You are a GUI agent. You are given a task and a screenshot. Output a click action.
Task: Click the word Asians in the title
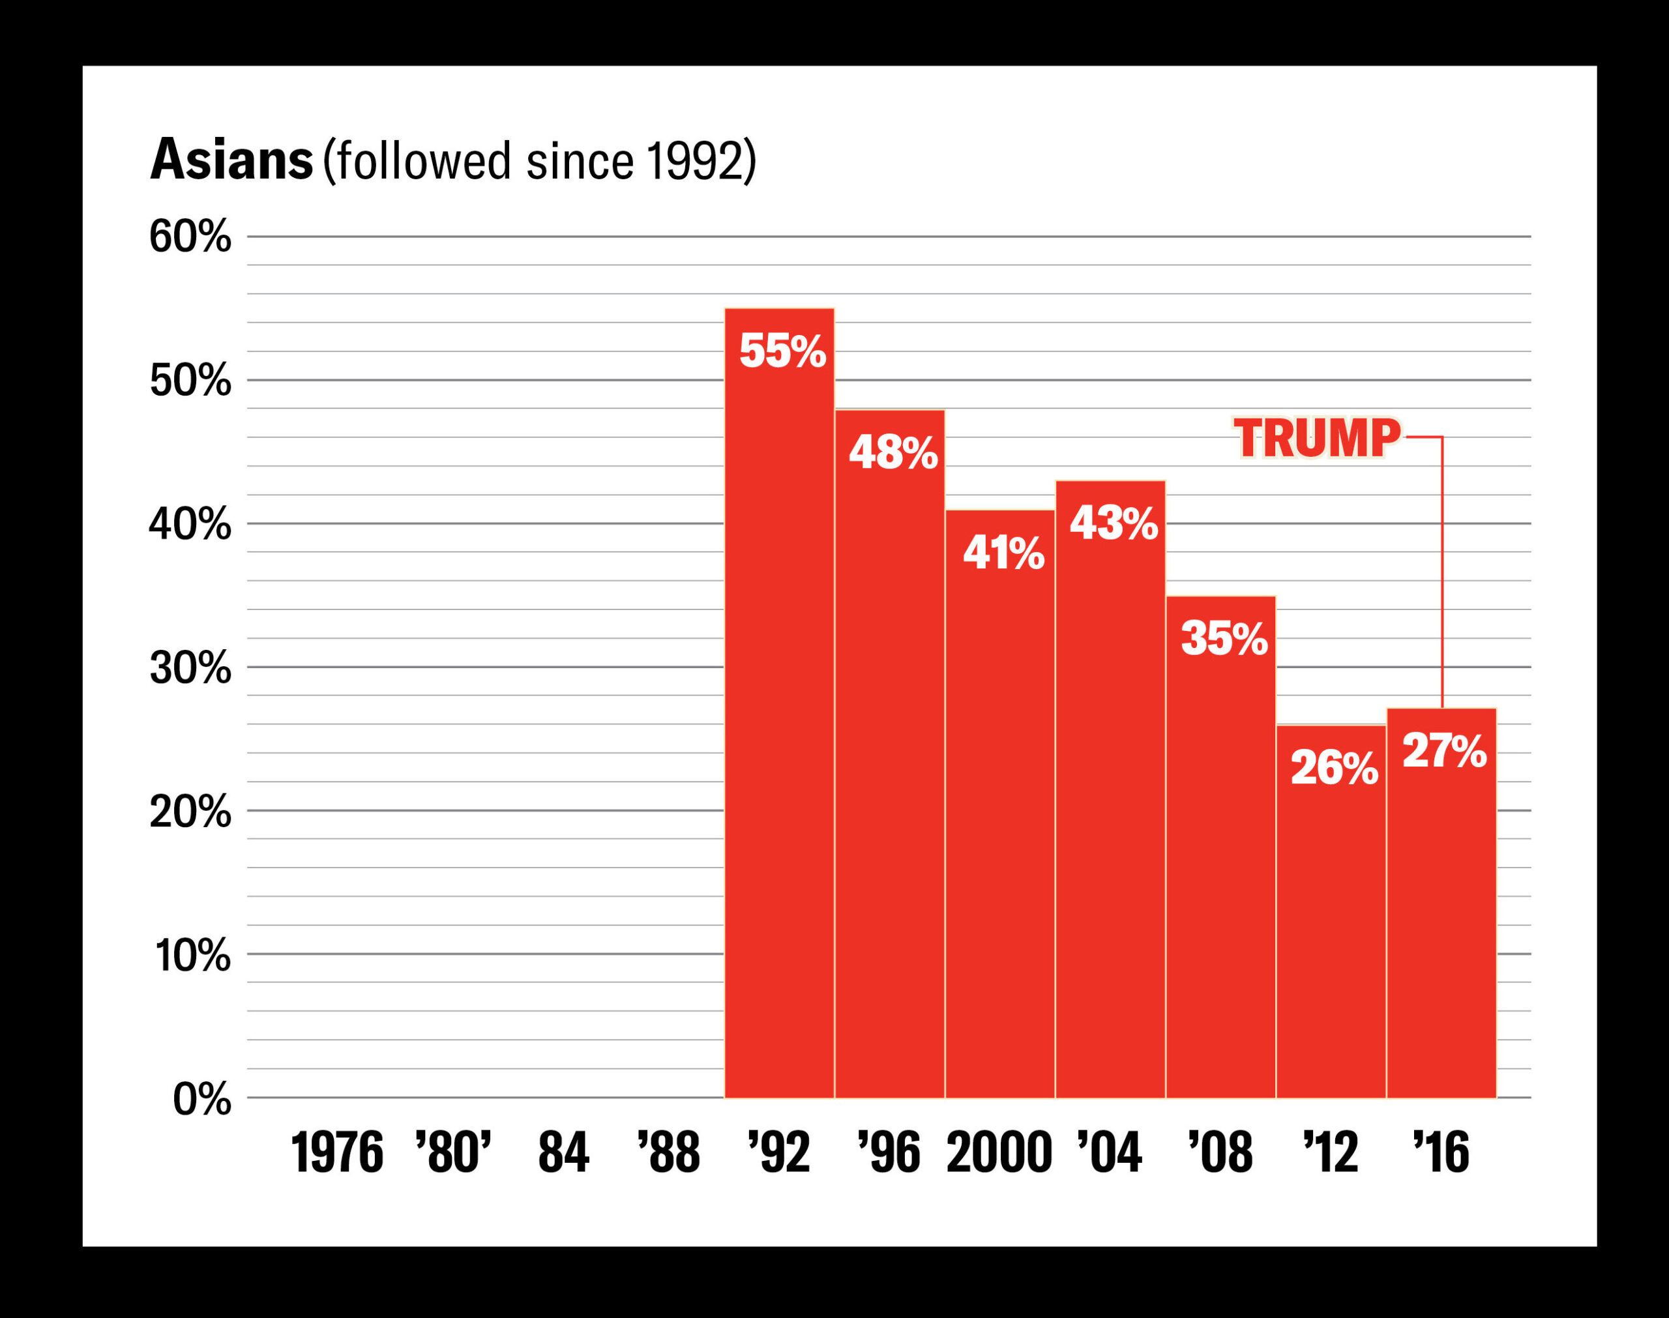point(231,160)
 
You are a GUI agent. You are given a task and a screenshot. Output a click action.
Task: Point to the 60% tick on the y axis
point(190,236)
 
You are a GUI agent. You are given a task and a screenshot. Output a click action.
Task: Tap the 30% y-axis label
point(190,667)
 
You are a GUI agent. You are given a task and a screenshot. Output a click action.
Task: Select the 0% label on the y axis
point(201,1099)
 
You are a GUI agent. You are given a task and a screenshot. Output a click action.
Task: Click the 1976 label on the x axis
point(336,1153)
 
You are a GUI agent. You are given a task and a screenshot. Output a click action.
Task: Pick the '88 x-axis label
point(668,1153)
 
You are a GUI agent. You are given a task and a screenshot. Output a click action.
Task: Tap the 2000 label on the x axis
point(999,1153)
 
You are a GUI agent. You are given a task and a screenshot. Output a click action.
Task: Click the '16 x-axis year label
point(1441,1153)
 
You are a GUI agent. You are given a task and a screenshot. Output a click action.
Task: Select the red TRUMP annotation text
point(1316,437)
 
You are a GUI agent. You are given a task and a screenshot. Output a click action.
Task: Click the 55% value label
point(782,351)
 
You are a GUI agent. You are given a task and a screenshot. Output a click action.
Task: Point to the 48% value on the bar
point(893,453)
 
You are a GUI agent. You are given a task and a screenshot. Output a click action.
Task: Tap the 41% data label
point(1003,553)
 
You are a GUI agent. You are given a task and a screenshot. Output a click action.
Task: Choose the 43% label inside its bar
point(1114,523)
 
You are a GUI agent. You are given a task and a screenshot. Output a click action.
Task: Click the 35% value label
point(1224,639)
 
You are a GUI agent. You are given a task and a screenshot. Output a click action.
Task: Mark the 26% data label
point(1334,769)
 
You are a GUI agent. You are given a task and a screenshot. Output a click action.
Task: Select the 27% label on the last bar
point(1443,751)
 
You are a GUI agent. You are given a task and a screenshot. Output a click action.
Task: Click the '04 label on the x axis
point(1109,1153)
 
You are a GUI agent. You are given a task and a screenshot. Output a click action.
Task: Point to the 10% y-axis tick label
point(193,956)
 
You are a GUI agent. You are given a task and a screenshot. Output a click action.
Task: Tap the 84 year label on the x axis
point(563,1153)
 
